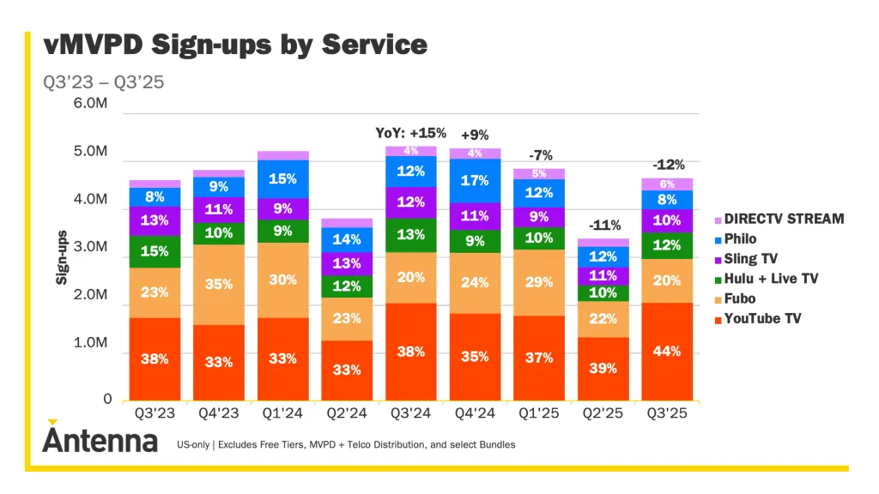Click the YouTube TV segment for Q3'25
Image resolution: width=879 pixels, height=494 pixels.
pos(667,351)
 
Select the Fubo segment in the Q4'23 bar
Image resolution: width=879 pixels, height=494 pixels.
pos(219,285)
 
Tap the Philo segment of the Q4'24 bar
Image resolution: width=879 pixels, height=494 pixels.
pos(475,180)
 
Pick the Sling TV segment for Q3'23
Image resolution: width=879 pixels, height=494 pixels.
pos(155,220)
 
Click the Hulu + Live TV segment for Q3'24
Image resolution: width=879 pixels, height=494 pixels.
pos(411,235)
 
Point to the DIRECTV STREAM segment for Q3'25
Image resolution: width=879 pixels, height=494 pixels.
pos(667,184)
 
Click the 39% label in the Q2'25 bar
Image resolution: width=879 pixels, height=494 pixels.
pos(603,368)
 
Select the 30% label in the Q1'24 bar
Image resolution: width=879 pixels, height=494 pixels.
pos(283,280)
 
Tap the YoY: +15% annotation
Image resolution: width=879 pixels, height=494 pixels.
pos(411,133)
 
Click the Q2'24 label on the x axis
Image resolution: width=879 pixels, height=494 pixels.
pos(347,414)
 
